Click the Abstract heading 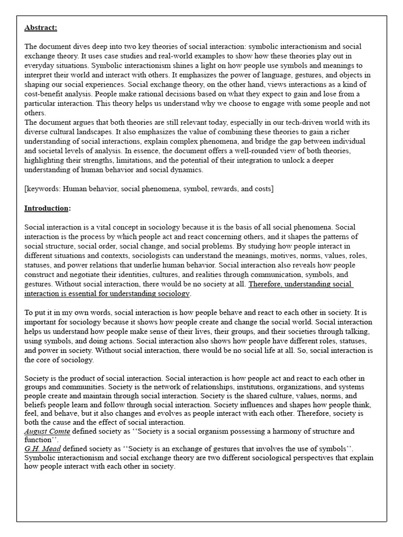tap(41, 27)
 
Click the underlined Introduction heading tap(47, 208)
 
